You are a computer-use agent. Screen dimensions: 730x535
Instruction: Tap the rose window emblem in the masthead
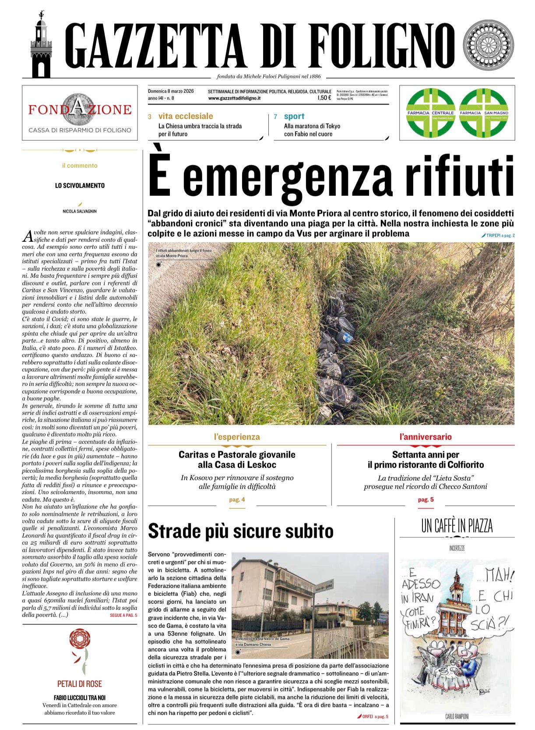pyautogui.click(x=489, y=46)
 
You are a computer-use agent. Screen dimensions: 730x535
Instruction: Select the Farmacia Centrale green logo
pyautogui.click(x=430, y=113)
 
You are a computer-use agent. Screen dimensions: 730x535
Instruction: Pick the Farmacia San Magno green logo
pyautogui.click(x=483, y=113)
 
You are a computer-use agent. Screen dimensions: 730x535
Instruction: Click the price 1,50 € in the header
pyautogui.click(x=324, y=98)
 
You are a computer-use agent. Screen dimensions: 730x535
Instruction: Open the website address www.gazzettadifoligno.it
pyautogui.click(x=235, y=98)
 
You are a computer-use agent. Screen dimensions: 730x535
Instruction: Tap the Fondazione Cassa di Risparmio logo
pyautogui.click(x=80, y=113)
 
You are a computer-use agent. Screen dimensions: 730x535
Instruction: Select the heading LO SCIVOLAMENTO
pyautogui.click(x=80, y=186)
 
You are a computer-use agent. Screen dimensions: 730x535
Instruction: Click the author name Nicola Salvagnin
pyautogui.click(x=80, y=211)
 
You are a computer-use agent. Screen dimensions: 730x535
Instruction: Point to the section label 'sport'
pyautogui.click(x=294, y=116)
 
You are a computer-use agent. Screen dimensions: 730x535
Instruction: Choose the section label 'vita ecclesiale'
pyautogui.click(x=186, y=116)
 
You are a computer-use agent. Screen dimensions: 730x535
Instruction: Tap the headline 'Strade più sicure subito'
pyautogui.click(x=240, y=531)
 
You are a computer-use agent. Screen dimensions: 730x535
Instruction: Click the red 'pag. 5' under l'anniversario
pyautogui.click(x=426, y=500)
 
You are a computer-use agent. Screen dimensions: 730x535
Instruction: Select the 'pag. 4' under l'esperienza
pyautogui.click(x=237, y=500)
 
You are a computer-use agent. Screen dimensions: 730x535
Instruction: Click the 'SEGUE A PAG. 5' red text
pyautogui.click(x=123, y=615)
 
